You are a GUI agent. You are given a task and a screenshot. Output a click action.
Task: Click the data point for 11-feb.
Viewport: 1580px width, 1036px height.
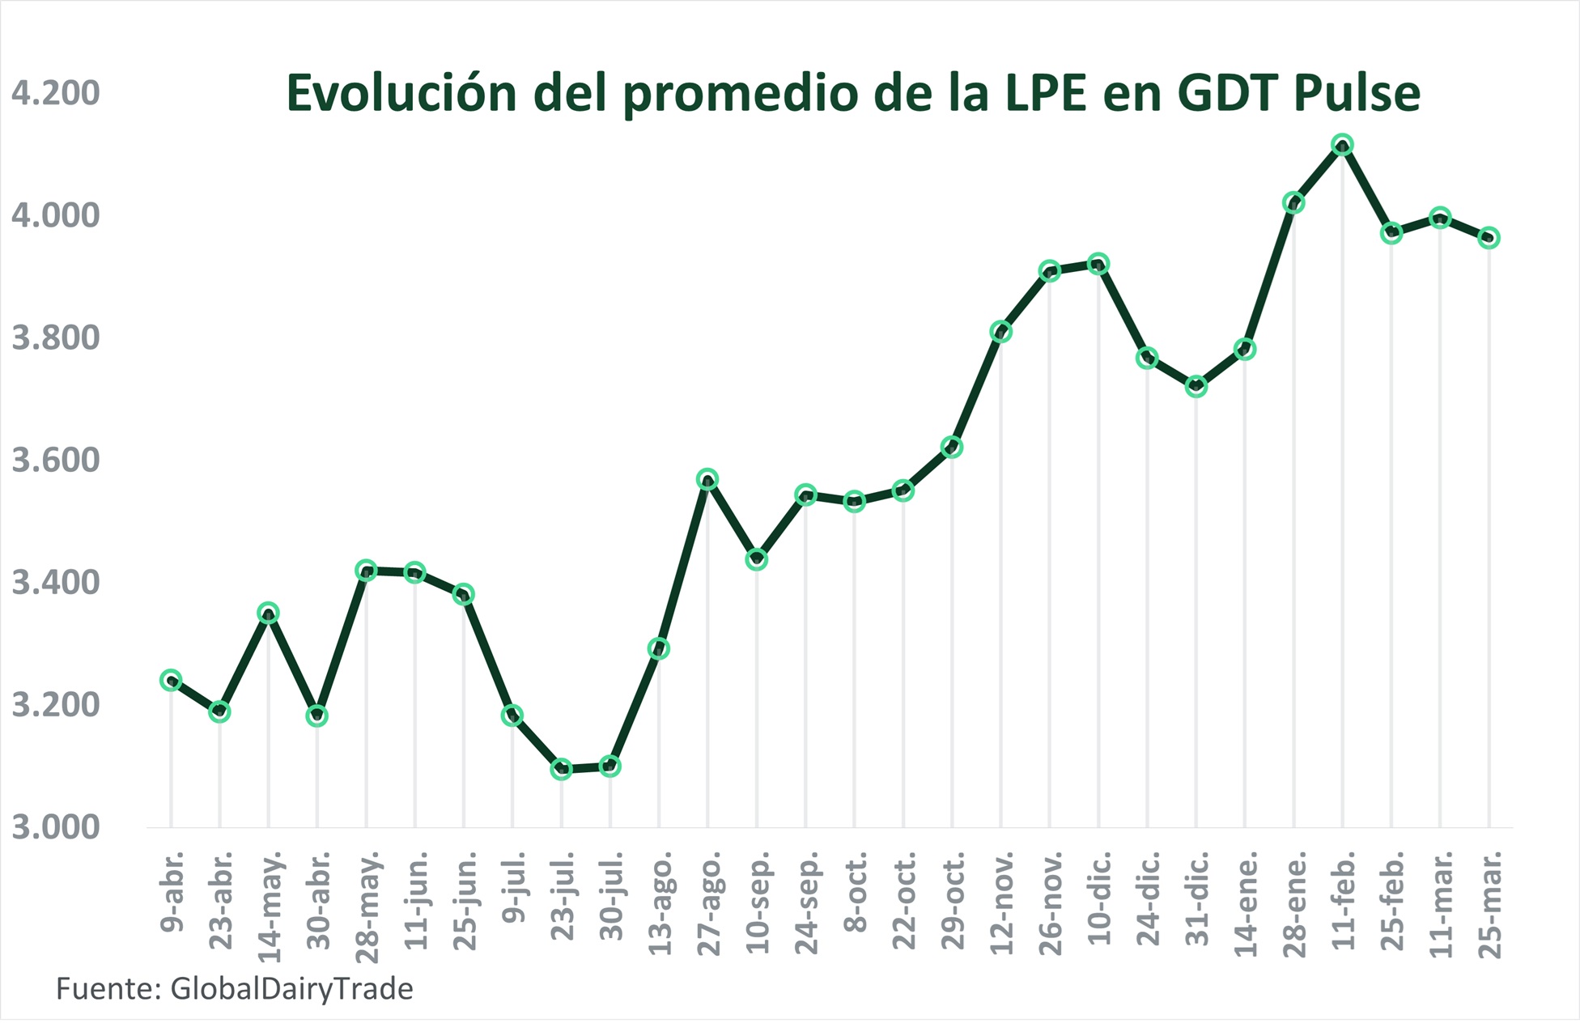1342,145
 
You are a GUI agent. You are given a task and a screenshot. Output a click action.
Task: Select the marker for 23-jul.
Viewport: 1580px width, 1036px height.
561,769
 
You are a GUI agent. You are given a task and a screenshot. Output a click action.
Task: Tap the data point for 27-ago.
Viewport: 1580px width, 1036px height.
707,479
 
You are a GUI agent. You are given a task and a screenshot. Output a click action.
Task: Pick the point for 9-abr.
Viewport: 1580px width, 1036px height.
171,680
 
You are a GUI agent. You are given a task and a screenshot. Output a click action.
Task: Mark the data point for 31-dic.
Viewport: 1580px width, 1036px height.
1196,387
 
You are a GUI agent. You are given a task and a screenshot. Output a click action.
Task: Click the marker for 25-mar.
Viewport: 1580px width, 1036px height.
1489,238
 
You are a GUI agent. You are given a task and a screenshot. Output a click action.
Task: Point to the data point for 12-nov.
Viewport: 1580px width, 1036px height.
1000,332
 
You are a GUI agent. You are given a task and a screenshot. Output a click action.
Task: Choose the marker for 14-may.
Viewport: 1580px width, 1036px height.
269,613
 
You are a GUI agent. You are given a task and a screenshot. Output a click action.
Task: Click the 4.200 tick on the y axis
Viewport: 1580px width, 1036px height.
55,93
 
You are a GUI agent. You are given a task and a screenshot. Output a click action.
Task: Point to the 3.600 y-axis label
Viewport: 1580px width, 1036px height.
55,461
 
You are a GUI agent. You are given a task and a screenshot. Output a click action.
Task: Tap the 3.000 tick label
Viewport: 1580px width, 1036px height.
55,828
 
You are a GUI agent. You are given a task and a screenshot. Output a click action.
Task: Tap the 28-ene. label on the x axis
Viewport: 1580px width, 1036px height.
1294,904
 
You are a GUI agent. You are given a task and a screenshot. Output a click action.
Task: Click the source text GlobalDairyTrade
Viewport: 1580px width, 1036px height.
291,989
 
